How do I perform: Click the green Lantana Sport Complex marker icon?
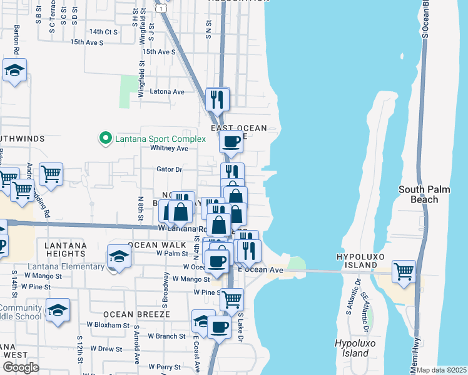pos(105,138)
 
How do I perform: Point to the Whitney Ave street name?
pos(169,148)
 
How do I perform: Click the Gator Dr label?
pos(169,169)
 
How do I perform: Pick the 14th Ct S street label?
pos(103,31)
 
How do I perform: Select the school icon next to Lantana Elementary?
pos(118,256)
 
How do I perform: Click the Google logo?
pos(21,367)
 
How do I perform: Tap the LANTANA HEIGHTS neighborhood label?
pos(65,250)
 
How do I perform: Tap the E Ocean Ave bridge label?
pos(262,270)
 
